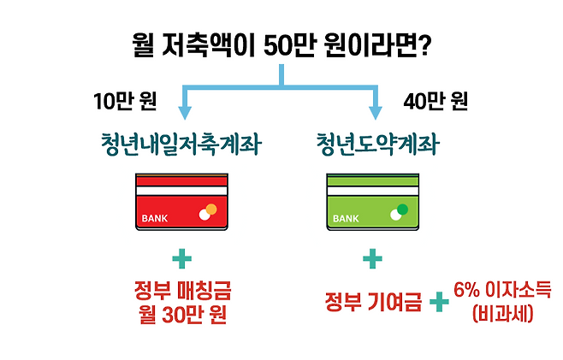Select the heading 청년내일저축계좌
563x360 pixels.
click(181, 145)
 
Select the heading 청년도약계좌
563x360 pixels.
click(374, 145)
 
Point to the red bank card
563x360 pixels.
click(181, 204)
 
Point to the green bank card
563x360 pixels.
click(374, 204)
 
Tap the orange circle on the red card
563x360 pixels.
click(211, 209)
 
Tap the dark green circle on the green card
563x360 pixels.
click(403, 209)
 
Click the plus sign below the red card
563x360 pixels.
click(181, 259)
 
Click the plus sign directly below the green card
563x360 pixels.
click(374, 259)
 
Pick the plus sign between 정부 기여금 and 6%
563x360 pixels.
click(439, 302)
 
